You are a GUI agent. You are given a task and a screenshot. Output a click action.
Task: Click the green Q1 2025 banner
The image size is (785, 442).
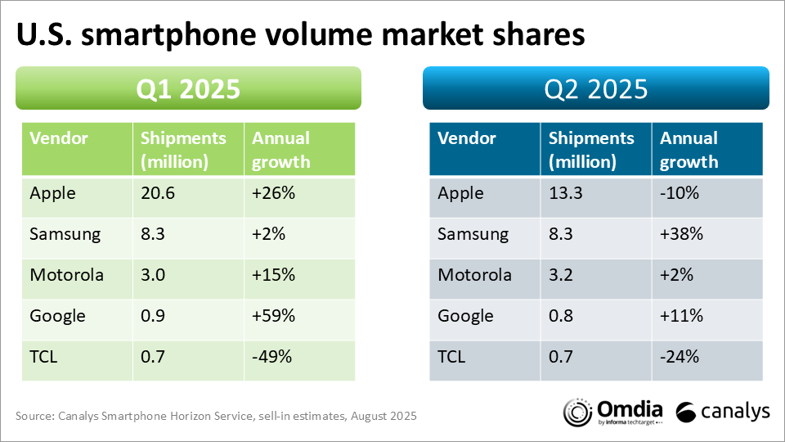(188, 88)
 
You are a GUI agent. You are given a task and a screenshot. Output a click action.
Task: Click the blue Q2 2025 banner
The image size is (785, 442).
(595, 88)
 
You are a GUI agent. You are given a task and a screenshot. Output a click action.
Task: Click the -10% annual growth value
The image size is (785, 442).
(677, 194)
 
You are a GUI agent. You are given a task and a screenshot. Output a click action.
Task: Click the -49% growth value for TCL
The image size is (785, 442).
(271, 357)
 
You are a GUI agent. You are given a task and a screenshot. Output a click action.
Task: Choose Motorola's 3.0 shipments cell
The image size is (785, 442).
(153, 276)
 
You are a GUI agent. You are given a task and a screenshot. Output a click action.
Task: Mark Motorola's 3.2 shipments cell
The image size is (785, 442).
(561, 276)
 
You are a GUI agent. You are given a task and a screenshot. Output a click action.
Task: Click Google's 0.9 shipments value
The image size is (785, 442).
(153, 316)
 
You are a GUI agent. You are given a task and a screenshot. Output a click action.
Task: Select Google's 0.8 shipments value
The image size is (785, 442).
(561, 316)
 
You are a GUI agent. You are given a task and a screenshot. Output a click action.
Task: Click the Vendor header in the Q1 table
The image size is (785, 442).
(59, 138)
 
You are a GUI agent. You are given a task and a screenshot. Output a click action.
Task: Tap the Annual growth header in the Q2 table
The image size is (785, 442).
(689, 149)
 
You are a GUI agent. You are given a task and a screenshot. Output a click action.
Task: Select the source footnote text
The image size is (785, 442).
(217, 417)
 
